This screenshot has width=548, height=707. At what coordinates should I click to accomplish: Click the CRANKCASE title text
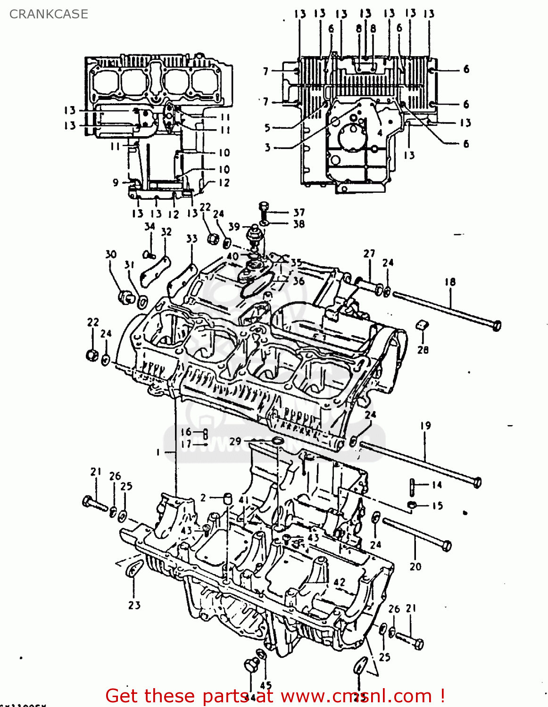coord(49,14)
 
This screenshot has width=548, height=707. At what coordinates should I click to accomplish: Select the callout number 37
coord(299,213)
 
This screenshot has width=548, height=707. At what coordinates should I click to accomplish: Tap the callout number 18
coord(450,282)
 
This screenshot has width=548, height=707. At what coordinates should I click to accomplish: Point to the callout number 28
coord(423,350)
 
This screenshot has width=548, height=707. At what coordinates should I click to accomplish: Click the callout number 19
coord(425,426)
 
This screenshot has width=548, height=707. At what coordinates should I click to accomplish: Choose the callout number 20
coord(415,567)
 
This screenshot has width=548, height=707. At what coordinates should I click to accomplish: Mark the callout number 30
coord(110,255)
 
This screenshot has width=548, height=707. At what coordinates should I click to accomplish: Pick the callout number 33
coord(191,238)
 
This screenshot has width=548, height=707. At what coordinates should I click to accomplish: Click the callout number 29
coord(235,441)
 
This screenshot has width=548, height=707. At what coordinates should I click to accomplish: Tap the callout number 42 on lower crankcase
coord(339,583)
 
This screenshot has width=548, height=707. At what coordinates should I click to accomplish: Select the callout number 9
coord(116,182)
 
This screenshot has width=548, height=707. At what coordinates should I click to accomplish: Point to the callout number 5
coord(267,128)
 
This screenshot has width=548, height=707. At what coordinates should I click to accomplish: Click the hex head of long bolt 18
coord(496,325)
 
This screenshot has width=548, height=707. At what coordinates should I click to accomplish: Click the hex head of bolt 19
coord(476,482)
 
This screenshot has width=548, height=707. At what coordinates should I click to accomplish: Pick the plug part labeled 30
coord(125,297)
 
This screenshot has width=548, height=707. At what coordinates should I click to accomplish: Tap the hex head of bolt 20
coord(446,546)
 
